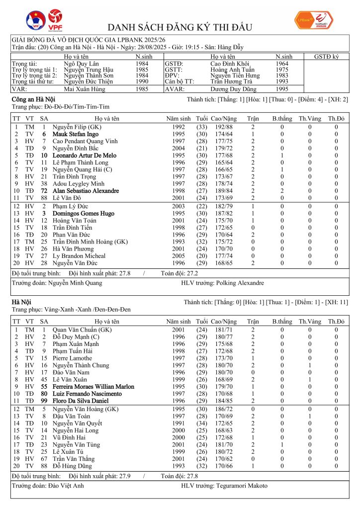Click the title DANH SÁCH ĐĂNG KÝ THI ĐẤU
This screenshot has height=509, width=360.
[180, 27]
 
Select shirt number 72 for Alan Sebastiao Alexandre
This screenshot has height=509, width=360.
[44, 191]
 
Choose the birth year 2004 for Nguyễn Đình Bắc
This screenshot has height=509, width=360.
[178, 148]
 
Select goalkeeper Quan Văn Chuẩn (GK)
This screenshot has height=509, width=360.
[82, 330]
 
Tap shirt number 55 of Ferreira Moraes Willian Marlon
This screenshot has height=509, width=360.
[44, 386]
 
